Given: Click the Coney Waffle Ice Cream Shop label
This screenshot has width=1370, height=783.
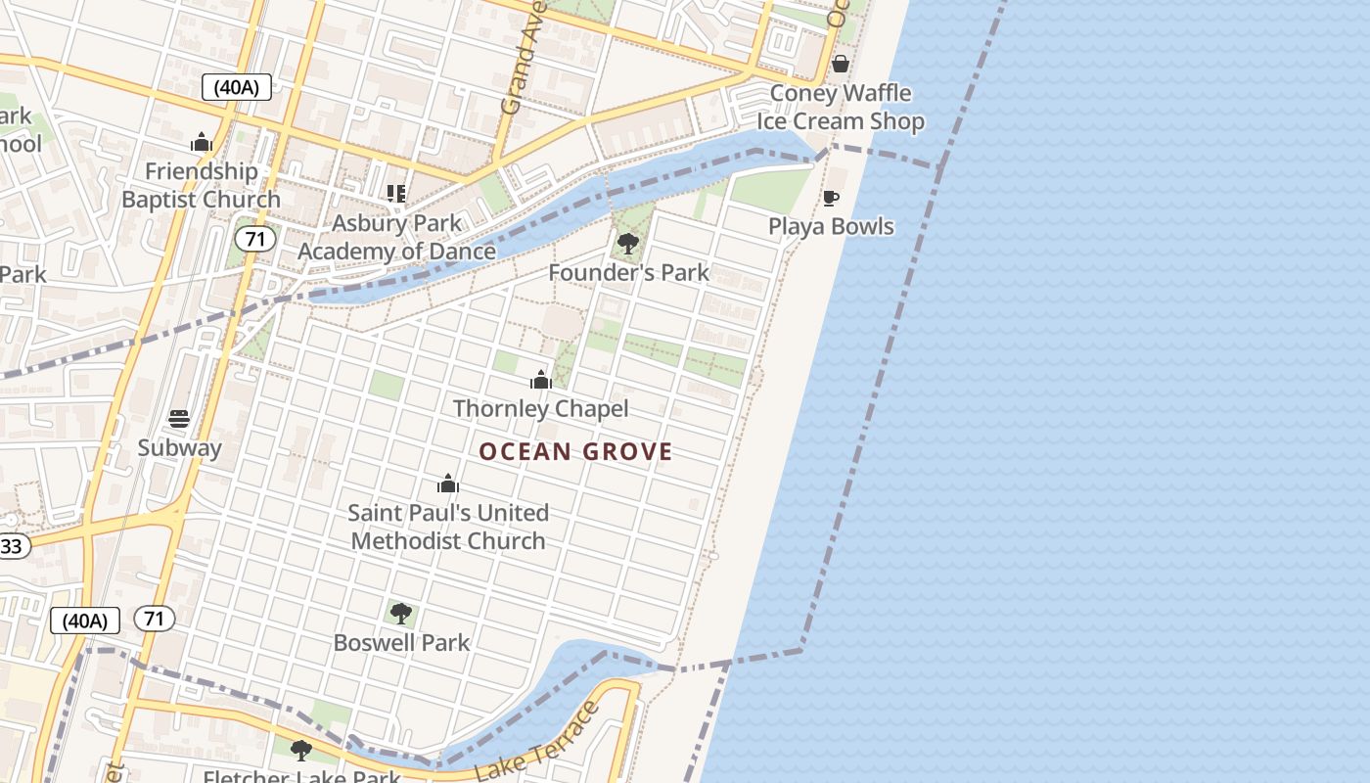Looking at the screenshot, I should [841, 108].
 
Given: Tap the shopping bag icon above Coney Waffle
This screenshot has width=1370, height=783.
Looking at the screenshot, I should [840, 64].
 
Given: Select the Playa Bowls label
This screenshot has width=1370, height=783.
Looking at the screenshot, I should [831, 226].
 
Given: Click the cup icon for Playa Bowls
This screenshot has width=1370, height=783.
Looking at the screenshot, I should [831, 199].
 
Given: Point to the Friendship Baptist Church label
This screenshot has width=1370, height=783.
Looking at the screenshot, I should [201, 185].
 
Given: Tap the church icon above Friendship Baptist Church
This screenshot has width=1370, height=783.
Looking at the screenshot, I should [202, 143].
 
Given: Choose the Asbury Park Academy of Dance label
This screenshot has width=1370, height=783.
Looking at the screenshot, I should [396, 237].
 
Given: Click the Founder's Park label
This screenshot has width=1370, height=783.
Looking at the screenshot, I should [628, 272].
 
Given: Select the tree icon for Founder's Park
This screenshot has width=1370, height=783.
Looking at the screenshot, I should [628, 243].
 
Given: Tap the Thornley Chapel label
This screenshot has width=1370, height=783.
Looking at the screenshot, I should [540, 408].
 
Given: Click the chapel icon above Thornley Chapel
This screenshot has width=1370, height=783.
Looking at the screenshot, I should [540, 380].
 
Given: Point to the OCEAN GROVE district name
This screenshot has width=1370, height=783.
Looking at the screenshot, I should [575, 451].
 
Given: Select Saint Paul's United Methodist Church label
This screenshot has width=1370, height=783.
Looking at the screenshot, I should [448, 527].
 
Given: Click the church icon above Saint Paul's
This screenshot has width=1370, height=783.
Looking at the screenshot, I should [448, 484].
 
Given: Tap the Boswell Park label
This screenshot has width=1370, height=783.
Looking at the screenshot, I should [401, 643].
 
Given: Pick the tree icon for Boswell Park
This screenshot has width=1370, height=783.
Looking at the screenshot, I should [400, 614].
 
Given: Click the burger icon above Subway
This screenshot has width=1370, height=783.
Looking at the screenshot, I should [179, 419].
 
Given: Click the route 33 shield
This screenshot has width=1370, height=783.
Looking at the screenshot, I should [12, 545].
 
